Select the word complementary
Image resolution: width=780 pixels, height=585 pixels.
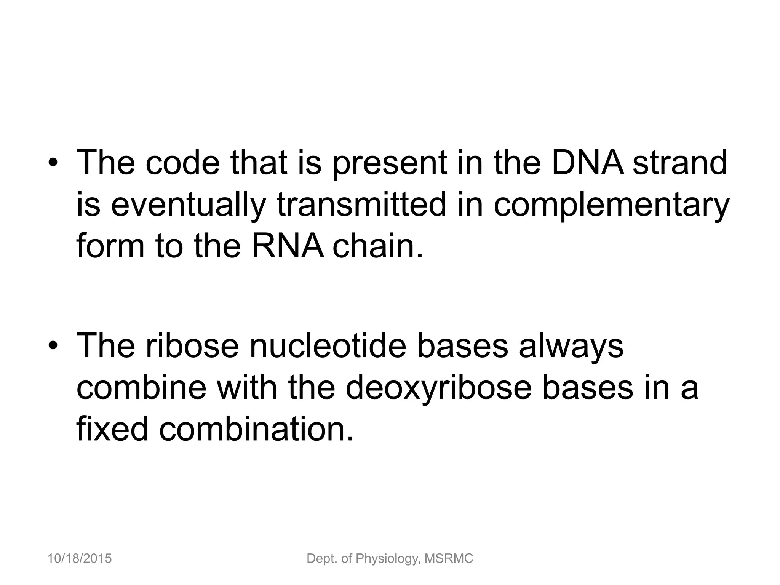point(611,205)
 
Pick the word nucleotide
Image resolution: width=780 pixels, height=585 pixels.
point(328,345)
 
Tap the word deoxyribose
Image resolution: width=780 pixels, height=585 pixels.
point(438,387)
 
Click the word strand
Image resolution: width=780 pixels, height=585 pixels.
point(679,163)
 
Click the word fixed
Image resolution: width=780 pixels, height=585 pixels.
point(112,428)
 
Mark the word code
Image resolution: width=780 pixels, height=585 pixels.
point(183,163)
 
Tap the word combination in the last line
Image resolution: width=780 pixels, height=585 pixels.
point(256,428)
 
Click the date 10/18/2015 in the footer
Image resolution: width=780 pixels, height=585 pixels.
point(80,558)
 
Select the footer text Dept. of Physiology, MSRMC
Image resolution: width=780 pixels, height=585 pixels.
point(390,559)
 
